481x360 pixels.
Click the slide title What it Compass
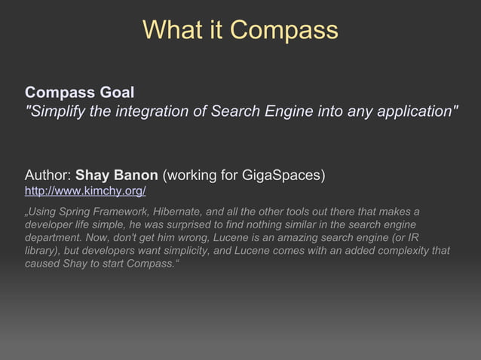click(x=240, y=29)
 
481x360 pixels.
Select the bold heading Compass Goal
click(x=79, y=93)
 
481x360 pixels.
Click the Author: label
click(x=48, y=175)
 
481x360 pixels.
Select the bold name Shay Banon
click(x=117, y=175)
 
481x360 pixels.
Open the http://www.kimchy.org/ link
click(x=85, y=191)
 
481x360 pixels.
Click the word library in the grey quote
click(x=42, y=252)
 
